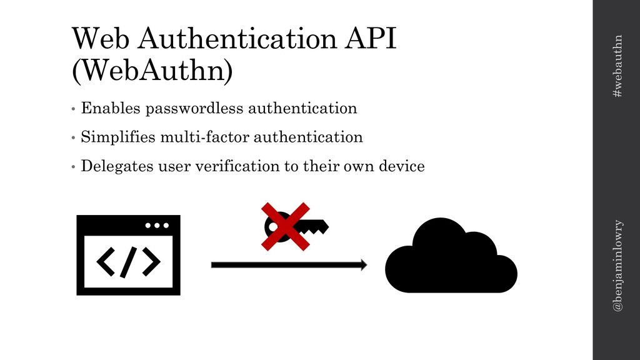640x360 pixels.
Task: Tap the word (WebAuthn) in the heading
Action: pyautogui.click(x=152, y=71)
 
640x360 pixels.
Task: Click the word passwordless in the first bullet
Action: pyautogui.click(x=194, y=109)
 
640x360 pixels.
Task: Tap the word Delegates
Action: pyautogui.click(x=116, y=167)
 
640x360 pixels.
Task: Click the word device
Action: pyautogui.click(x=403, y=167)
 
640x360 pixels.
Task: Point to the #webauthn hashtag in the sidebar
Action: pyautogui.click(x=617, y=66)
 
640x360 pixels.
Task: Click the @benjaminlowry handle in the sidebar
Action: pyautogui.click(x=617, y=266)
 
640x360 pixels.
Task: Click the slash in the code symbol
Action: pyautogui.click(x=128, y=262)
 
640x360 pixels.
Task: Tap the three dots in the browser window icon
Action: pyautogui.click(x=157, y=226)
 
